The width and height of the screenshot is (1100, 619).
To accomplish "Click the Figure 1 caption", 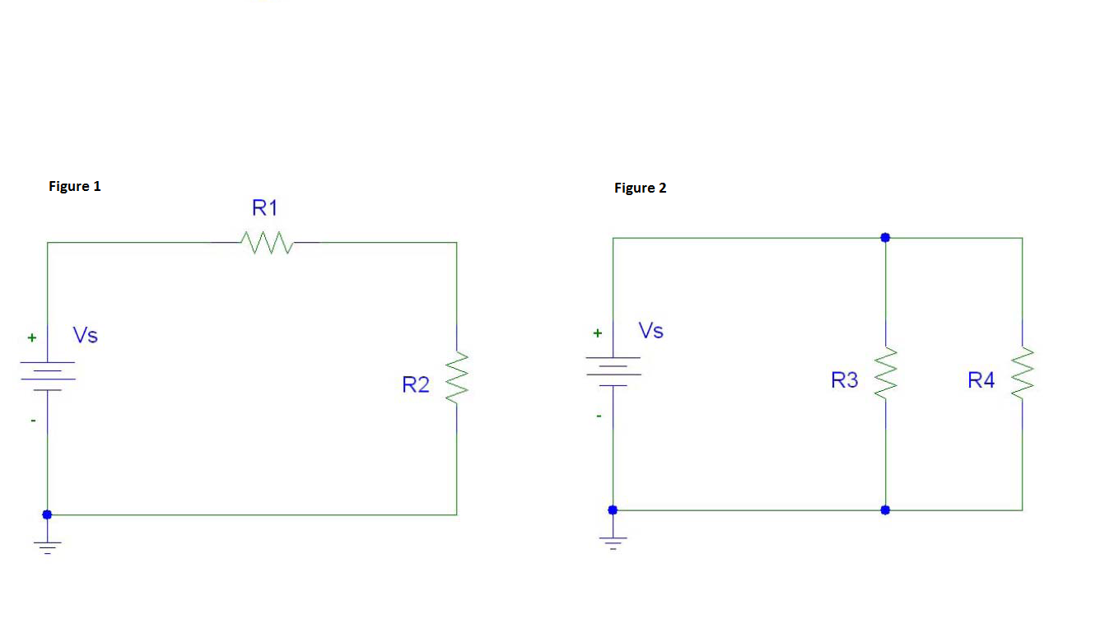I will [x=75, y=186].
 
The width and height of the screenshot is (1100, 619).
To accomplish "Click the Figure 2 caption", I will [x=640, y=188].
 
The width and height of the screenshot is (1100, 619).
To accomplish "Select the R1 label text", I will [x=265, y=208].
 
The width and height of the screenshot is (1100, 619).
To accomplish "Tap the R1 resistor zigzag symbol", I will [x=266, y=242].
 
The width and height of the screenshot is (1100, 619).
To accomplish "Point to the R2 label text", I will [x=416, y=384].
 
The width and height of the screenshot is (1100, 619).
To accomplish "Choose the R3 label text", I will [x=845, y=379].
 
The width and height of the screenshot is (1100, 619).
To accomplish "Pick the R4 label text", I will [x=981, y=379].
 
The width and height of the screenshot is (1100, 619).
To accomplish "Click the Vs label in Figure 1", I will [x=86, y=335].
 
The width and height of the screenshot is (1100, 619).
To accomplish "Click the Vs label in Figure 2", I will [x=651, y=330].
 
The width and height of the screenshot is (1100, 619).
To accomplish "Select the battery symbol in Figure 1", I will [x=48, y=372].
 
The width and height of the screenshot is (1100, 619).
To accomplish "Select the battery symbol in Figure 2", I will [x=613, y=367].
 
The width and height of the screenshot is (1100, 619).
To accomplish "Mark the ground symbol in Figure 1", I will [x=48, y=547].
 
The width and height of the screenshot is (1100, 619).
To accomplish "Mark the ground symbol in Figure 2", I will [x=613, y=542].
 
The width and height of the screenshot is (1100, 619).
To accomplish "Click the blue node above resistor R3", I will [x=885, y=237].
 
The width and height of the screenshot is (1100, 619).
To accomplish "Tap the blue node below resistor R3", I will [x=885, y=510].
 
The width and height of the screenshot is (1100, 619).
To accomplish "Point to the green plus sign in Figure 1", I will [x=32, y=337].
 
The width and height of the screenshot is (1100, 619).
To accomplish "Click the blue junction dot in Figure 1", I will [x=47, y=514].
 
